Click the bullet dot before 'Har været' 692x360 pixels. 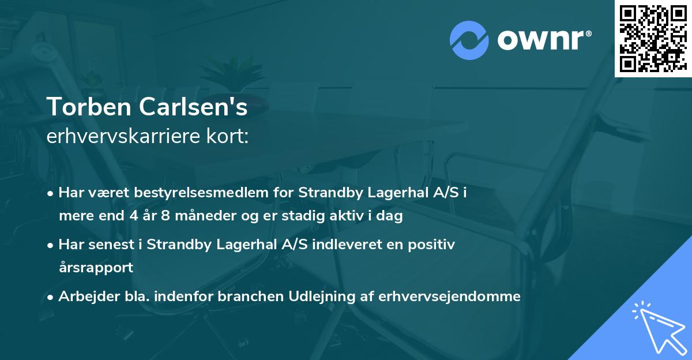pos(51,193)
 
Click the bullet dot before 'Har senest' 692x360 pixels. pos(51,245)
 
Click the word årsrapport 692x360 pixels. pos(96,268)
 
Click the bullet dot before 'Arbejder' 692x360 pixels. pos(51,297)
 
